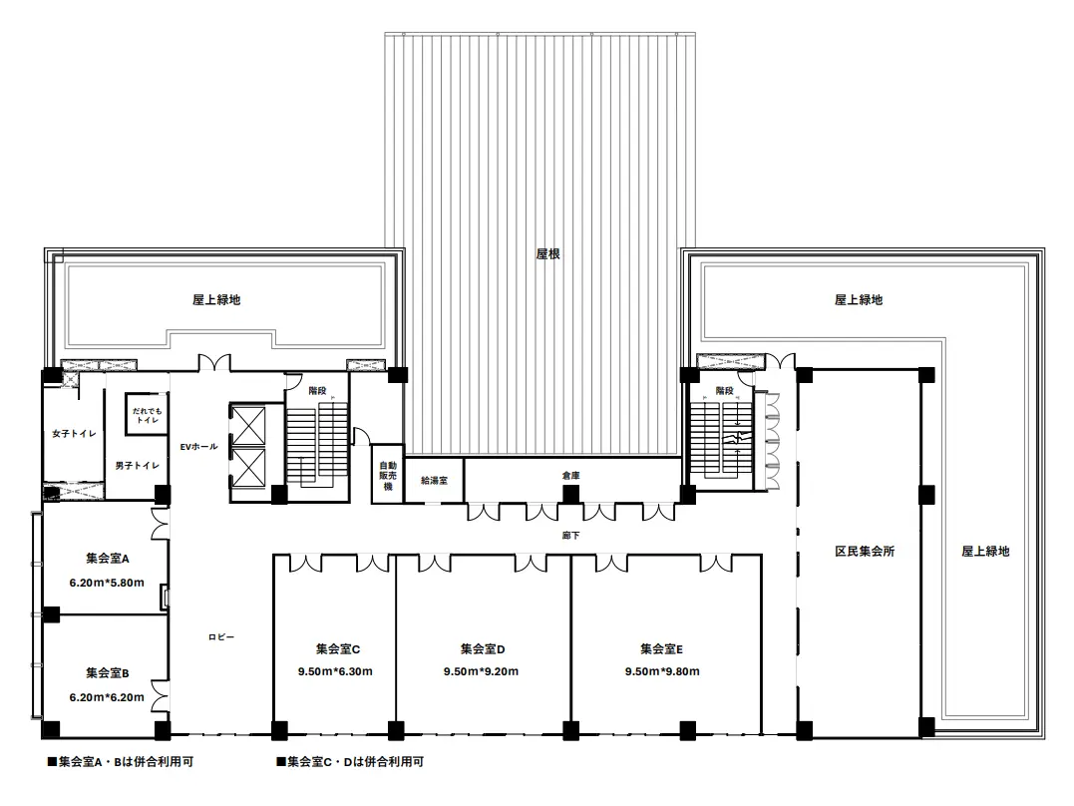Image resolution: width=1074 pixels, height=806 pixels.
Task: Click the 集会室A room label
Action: point(108,559)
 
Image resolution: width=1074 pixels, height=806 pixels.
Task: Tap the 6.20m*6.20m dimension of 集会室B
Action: point(107,697)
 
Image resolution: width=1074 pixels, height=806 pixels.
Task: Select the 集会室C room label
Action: point(338,649)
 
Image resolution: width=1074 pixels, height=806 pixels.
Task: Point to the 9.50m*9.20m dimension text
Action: point(481,671)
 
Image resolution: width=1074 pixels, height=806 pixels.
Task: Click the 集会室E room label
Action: point(662,649)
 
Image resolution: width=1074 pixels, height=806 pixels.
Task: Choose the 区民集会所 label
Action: point(865,551)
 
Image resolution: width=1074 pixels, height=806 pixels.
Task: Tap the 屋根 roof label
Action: point(547,254)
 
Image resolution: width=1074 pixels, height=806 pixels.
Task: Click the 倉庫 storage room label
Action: point(571,476)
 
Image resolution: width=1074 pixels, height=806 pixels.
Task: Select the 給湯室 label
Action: point(434,481)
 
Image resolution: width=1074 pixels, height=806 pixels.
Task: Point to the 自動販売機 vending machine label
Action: point(388,477)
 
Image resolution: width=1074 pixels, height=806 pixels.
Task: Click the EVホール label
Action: point(198,447)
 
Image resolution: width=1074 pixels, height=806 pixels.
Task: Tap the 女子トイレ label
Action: point(74,434)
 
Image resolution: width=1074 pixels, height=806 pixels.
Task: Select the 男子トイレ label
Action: point(137,466)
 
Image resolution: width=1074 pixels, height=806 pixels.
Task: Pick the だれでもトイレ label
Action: point(148,415)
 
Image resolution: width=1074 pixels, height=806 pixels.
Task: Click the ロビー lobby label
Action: point(221,637)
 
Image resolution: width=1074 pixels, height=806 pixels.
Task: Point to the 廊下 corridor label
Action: point(570,536)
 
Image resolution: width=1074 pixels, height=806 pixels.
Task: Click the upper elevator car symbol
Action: point(248,426)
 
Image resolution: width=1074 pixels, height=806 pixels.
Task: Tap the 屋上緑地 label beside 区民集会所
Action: point(985,551)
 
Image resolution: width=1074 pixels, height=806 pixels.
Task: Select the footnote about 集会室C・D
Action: point(350,761)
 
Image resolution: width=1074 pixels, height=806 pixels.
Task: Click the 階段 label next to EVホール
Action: point(317,391)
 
